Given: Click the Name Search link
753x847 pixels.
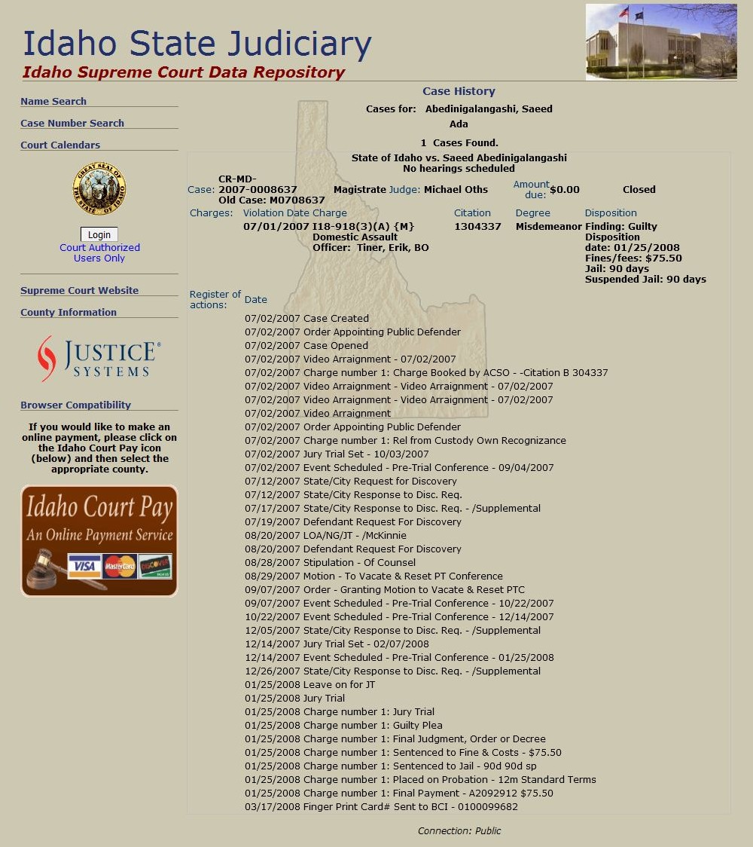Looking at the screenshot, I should [x=53, y=101].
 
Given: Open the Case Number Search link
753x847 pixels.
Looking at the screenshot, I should [x=72, y=123].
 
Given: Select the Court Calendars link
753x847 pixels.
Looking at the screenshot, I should [x=60, y=145].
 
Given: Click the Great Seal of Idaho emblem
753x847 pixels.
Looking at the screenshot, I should [x=99, y=188].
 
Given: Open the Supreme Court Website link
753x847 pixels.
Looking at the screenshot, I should [x=79, y=290].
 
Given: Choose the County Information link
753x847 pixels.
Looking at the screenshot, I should [x=69, y=312].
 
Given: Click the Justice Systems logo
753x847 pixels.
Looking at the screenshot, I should [x=99, y=359].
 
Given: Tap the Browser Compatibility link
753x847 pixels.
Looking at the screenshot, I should [x=75, y=405].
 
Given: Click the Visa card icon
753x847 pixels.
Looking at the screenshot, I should [x=84, y=566].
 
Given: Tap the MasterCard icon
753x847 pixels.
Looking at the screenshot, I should [x=120, y=566].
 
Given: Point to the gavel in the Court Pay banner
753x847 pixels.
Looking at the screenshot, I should [x=45, y=570].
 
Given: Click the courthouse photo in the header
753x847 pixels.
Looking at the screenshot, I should [x=661, y=41].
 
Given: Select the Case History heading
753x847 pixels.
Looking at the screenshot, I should [x=459, y=91].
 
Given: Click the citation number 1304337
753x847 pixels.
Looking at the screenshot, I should [x=477, y=226].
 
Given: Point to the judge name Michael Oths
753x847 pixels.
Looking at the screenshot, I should [x=456, y=189].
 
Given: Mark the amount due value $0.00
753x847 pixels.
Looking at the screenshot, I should [x=565, y=189].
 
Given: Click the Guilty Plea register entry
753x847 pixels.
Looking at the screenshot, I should [x=343, y=725].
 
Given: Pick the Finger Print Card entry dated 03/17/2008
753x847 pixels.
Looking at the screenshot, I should [x=381, y=806].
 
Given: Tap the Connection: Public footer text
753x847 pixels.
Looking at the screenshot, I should [x=459, y=830].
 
